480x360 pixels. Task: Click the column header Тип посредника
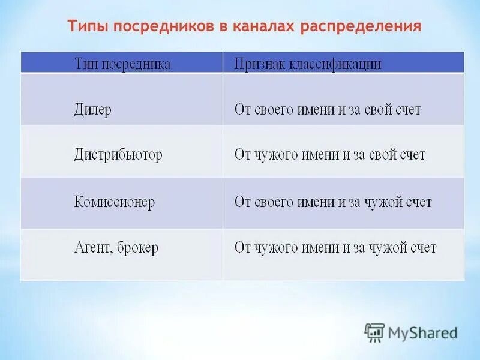(122, 64)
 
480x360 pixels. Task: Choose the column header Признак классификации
(307, 64)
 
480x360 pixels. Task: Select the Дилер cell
(93, 110)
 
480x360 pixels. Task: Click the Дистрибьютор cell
(118, 155)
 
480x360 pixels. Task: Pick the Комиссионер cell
(115, 202)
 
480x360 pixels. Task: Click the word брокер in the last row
(137, 248)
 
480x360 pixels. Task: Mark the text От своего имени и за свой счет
(327, 110)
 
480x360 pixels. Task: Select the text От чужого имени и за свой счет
(329, 155)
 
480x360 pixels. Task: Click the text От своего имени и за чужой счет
(332, 202)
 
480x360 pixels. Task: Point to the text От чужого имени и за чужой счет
(335, 247)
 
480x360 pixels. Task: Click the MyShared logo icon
(374, 332)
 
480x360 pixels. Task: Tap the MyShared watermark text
(422, 332)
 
